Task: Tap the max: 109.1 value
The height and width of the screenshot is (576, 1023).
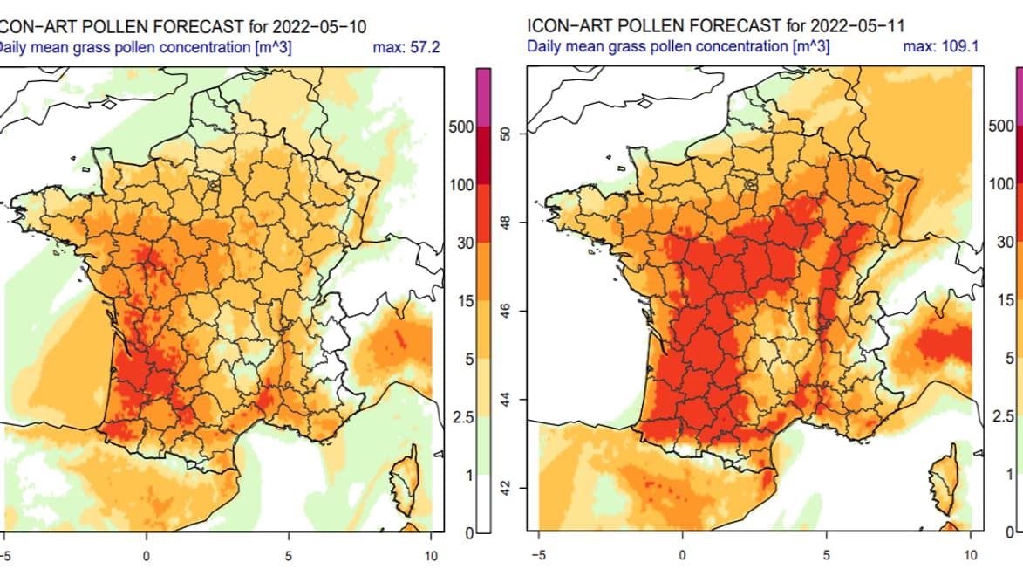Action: coord(941,47)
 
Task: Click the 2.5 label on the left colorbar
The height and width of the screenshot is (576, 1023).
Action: coord(462,418)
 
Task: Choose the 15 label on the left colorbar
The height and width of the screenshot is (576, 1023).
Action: coord(466,302)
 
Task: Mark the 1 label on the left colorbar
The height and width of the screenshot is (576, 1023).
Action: coord(469,476)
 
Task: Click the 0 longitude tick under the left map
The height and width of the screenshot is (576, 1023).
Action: coord(147,556)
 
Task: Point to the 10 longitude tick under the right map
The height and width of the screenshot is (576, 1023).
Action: coord(971,556)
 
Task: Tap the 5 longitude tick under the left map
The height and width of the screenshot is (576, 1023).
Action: coord(289,556)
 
